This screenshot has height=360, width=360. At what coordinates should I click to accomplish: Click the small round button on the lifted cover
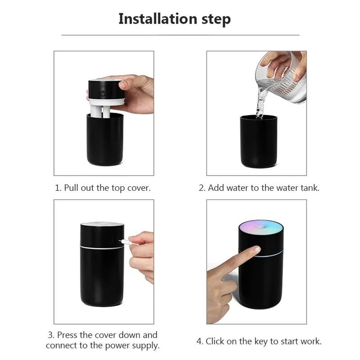pos(103,93)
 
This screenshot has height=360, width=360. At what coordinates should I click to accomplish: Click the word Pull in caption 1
pos(72,188)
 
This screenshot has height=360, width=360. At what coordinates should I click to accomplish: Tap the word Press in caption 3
pos(67,335)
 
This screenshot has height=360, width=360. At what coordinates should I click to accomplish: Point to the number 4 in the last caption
pos(199,341)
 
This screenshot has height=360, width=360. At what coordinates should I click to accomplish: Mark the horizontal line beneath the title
pos(180,35)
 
